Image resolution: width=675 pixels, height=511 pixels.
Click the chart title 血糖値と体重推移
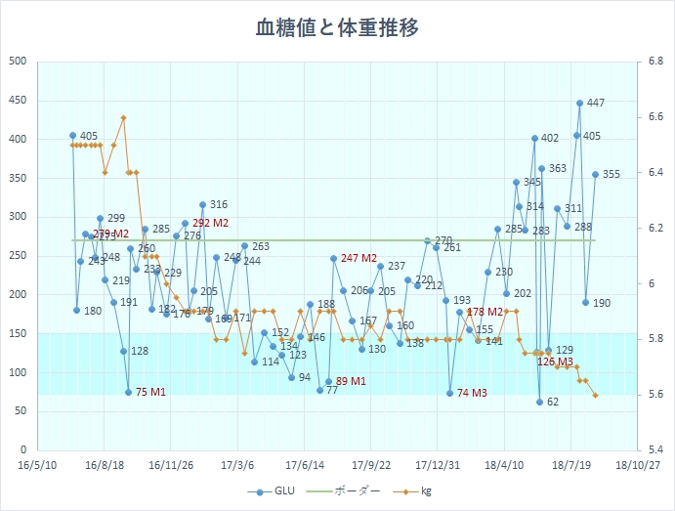pos(337,27)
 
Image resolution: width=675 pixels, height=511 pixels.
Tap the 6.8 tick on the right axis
pos(651,62)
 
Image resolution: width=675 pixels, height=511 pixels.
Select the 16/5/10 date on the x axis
pos(36,466)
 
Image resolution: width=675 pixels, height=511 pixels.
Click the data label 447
pos(596,103)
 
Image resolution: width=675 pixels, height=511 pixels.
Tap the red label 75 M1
pos(150,392)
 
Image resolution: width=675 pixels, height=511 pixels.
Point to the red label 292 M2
pos(210,223)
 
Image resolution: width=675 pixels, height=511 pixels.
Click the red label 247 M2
pos(359,258)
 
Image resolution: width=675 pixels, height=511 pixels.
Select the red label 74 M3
pos(472,392)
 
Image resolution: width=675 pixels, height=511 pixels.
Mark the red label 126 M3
pos(556,362)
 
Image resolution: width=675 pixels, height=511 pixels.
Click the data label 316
pos(219,205)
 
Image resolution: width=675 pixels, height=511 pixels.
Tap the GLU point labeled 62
pos(539,402)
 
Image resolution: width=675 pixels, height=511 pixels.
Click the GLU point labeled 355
pos(595,175)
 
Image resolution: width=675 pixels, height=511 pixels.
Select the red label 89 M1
pos(351,381)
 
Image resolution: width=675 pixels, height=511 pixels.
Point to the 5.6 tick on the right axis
pos(651,395)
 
